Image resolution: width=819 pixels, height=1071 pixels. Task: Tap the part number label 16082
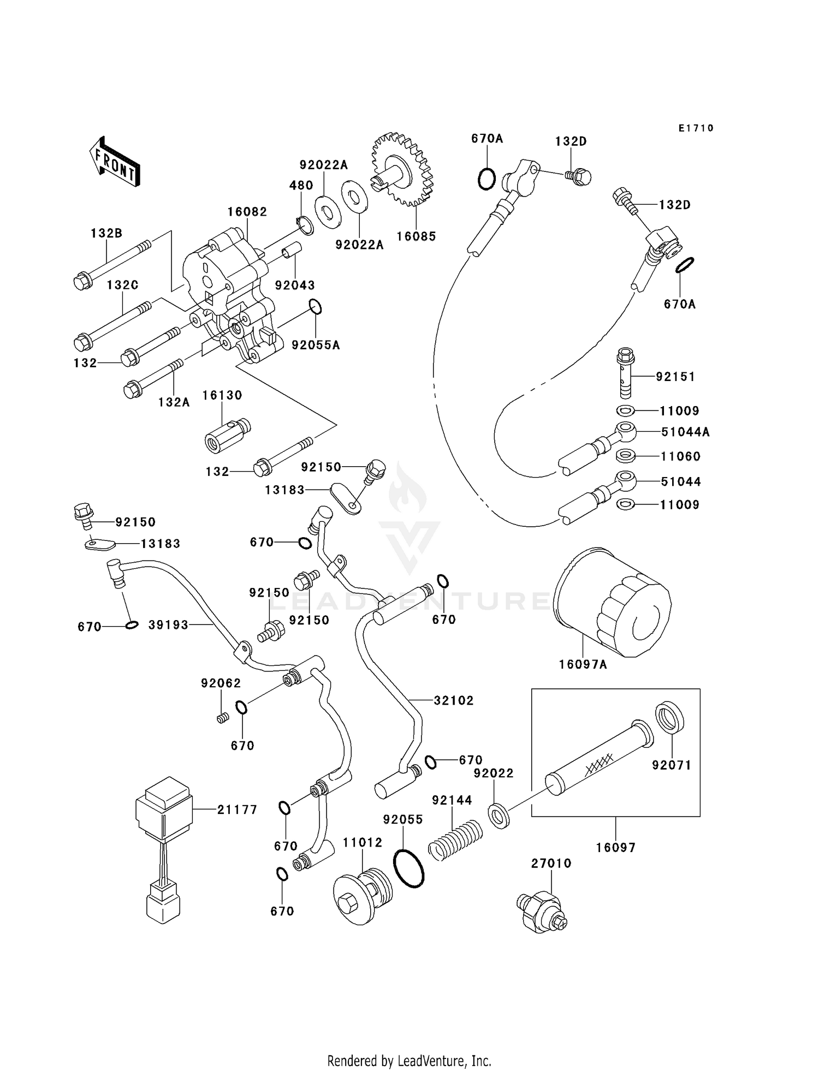coord(247,212)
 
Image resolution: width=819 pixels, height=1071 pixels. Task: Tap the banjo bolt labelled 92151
coord(625,373)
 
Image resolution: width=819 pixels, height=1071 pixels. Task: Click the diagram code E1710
coord(696,128)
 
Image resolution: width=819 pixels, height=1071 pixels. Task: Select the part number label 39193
coord(169,625)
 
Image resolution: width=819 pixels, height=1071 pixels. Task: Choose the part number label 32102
coord(454,700)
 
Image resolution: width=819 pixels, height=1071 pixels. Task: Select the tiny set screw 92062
coord(222,718)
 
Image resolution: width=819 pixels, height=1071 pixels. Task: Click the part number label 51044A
coord(685,432)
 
